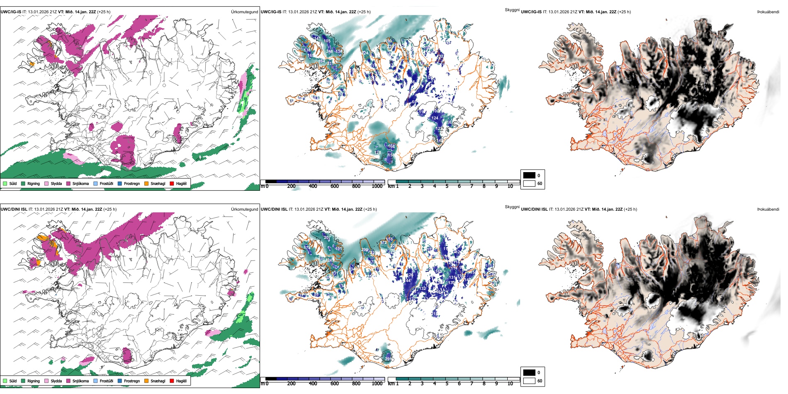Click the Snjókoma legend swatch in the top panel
(68, 183)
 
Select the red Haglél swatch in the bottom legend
(172, 381)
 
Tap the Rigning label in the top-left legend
(34, 183)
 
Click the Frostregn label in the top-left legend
(132, 183)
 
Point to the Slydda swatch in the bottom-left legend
(46, 381)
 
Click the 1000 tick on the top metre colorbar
(377, 186)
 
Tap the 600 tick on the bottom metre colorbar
(335, 384)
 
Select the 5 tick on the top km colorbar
(447, 186)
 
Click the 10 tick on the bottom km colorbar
(510, 384)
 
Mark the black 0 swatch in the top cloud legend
(529, 175)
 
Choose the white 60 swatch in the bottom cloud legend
(529, 381)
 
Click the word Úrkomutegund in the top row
(244, 12)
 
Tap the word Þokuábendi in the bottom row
(768, 209)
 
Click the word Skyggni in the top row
(512, 10)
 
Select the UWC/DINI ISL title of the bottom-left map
(14, 209)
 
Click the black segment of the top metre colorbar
(271, 182)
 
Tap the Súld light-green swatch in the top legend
(5, 183)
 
